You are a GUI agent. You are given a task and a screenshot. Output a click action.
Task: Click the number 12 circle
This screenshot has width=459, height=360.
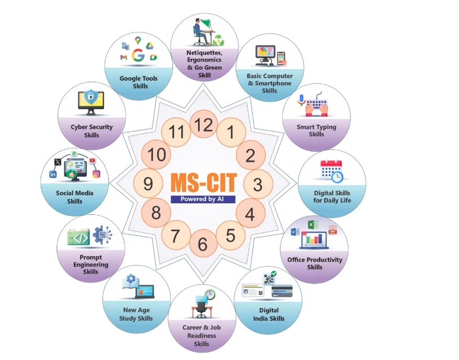[203, 124]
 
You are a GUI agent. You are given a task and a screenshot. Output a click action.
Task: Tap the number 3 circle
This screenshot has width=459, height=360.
[258, 184]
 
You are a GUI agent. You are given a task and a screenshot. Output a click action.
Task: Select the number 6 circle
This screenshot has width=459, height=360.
[203, 244]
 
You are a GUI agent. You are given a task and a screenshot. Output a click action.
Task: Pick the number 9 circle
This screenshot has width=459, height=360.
[148, 183]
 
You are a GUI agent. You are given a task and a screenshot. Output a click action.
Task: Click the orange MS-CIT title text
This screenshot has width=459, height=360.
[203, 183]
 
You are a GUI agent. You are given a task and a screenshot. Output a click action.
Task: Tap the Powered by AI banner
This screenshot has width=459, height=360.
[203, 199]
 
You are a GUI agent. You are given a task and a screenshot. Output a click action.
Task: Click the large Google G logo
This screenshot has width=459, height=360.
[138, 55]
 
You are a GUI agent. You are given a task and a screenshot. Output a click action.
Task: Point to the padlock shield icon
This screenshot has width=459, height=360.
[91, 96]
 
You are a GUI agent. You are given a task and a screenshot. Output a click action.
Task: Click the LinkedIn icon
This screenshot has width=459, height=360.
[53, 174]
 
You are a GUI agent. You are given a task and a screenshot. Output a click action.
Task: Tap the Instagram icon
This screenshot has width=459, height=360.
[96, 174]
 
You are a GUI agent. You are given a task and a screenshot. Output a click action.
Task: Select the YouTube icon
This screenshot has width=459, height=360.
[93, 160]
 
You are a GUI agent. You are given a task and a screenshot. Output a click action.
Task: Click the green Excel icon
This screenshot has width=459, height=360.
[313, 225]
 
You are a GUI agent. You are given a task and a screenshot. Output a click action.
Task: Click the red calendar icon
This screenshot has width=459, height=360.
[331, 170]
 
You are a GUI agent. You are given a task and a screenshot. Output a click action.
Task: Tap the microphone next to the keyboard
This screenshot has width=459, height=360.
[301, 100]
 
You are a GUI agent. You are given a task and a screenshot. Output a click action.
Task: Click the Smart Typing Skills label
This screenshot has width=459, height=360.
[316, 130]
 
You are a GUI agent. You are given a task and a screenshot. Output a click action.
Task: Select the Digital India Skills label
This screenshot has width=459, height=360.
[269, 314]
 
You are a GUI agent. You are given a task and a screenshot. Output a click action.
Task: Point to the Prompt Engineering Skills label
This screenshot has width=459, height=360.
[91, 264]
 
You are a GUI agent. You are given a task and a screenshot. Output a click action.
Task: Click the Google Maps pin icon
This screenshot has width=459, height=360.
[138, 40]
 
